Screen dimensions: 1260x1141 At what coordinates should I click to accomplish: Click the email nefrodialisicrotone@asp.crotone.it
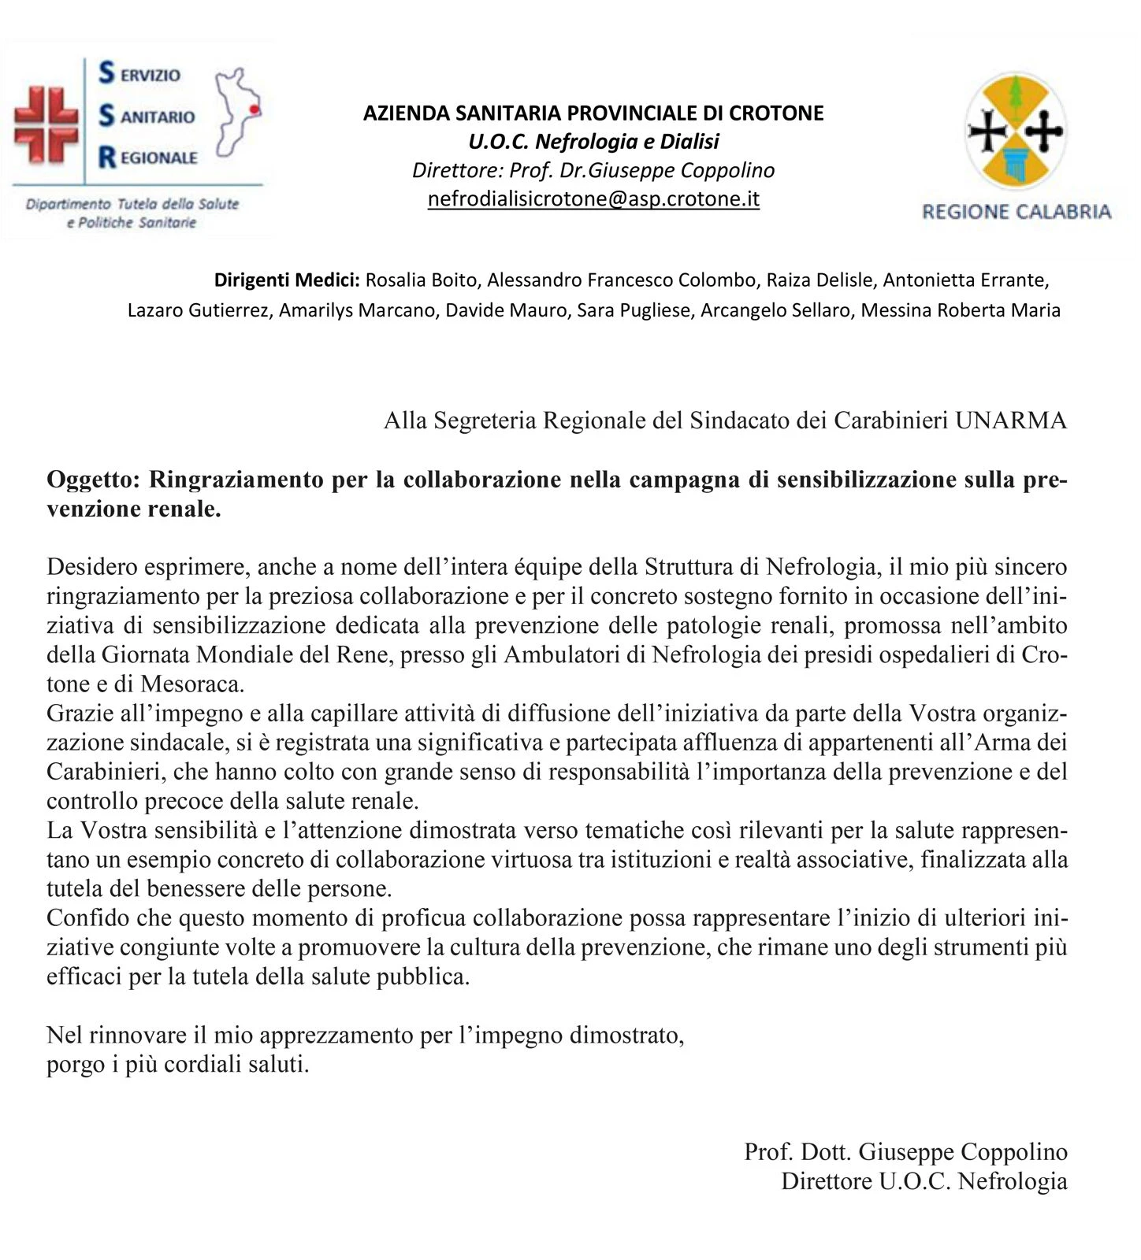click(x=593, y=198)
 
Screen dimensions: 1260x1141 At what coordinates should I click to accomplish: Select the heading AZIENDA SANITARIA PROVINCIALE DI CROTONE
click(x=593, y=113)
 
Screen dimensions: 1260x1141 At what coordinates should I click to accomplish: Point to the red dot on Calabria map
click(x=254, y=109)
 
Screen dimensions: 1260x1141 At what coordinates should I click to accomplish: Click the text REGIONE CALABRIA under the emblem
click(x=1016, y=211)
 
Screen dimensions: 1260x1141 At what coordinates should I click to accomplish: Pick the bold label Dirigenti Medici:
click(x=287, y=280)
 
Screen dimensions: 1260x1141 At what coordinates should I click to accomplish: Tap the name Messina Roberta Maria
click(x=961, y=310)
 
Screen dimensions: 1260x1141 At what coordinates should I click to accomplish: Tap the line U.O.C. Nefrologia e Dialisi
click(x=593, y=142)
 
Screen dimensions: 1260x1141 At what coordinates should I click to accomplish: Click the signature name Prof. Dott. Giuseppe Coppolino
click(x=905, y=1152)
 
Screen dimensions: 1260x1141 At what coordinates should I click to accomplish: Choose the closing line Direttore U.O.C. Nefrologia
click(x=924, y=1181)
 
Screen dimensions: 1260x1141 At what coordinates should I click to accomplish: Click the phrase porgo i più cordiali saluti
click(x=177, y=1065)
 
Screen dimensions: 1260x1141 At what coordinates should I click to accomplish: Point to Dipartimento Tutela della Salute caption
click(x=132, y=204)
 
